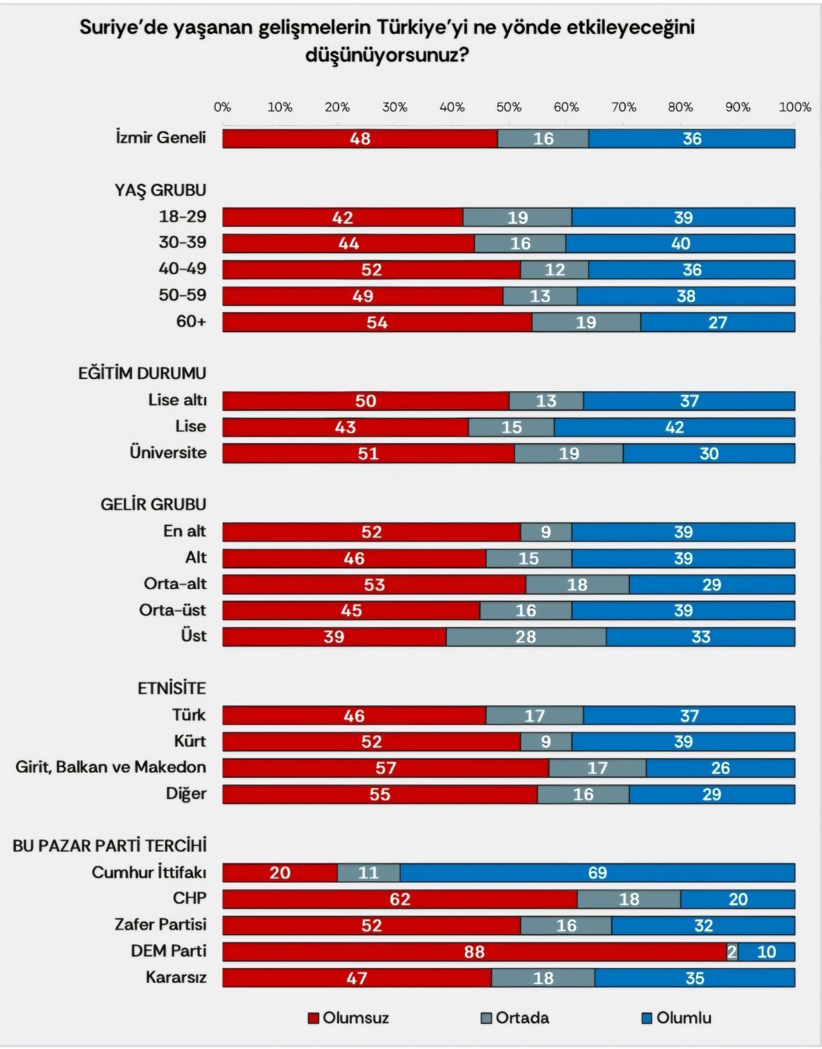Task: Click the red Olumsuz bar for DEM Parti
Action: [474, 951]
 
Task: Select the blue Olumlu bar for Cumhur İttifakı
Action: [597, 872]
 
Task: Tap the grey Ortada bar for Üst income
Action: [526, 637]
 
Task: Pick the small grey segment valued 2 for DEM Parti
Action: [732, 951]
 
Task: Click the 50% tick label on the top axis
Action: [509, 107]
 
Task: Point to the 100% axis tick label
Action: [794, 107]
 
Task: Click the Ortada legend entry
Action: [515, 1018]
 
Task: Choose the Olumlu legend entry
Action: [677, 1018]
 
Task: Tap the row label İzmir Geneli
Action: [161, 137]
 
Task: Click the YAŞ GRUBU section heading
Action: [161, 190]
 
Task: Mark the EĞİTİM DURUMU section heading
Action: [142, 373]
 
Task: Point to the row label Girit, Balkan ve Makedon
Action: [110, 767]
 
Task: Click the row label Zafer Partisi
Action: [161, 924]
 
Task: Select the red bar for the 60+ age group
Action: [377, 322]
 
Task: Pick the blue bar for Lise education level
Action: [674, 427]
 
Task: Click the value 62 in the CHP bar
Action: [399, 899]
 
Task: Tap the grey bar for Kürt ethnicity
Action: [546, 741]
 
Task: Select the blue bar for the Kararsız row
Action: [695, 978]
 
